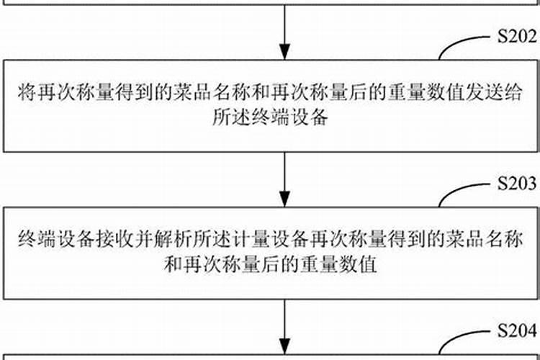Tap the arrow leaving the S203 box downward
[286, 324]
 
